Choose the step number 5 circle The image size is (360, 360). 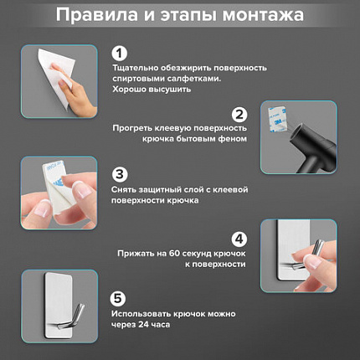click(120, 297)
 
